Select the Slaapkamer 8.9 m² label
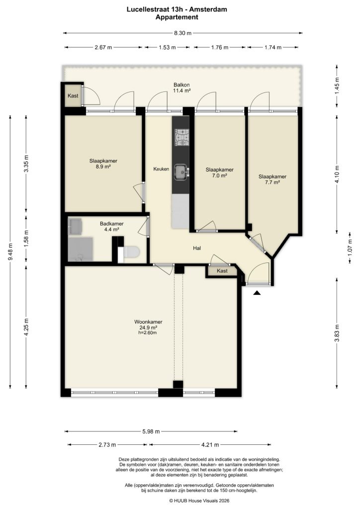pos(103,164)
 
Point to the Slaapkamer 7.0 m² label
pos(219,172)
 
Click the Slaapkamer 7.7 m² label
pos(272,179)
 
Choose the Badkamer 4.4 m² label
pos(111,227)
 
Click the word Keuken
pos(161,169)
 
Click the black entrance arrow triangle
pos(257,294)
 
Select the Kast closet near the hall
pos(222,271)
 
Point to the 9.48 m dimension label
pos(9,253)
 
